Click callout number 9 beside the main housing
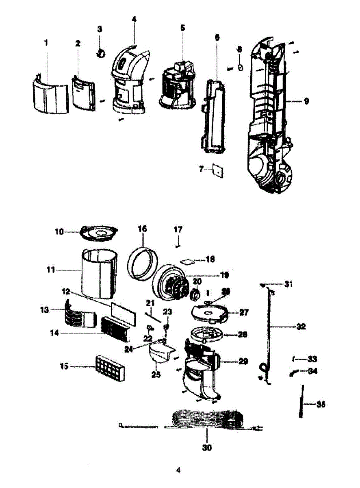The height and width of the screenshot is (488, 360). click(x=305, y=101)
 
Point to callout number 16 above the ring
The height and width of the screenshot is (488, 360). click(x=142, y=230)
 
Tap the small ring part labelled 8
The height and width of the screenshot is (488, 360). click(x=240, y=68)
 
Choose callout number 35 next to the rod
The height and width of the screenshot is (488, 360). click(x=321, y=405)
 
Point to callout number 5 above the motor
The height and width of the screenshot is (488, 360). click(x=182, y=28)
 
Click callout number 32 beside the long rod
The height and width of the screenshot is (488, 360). click(x=301, y=327)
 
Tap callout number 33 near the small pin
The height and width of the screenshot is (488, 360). click(x=312, y=359)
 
